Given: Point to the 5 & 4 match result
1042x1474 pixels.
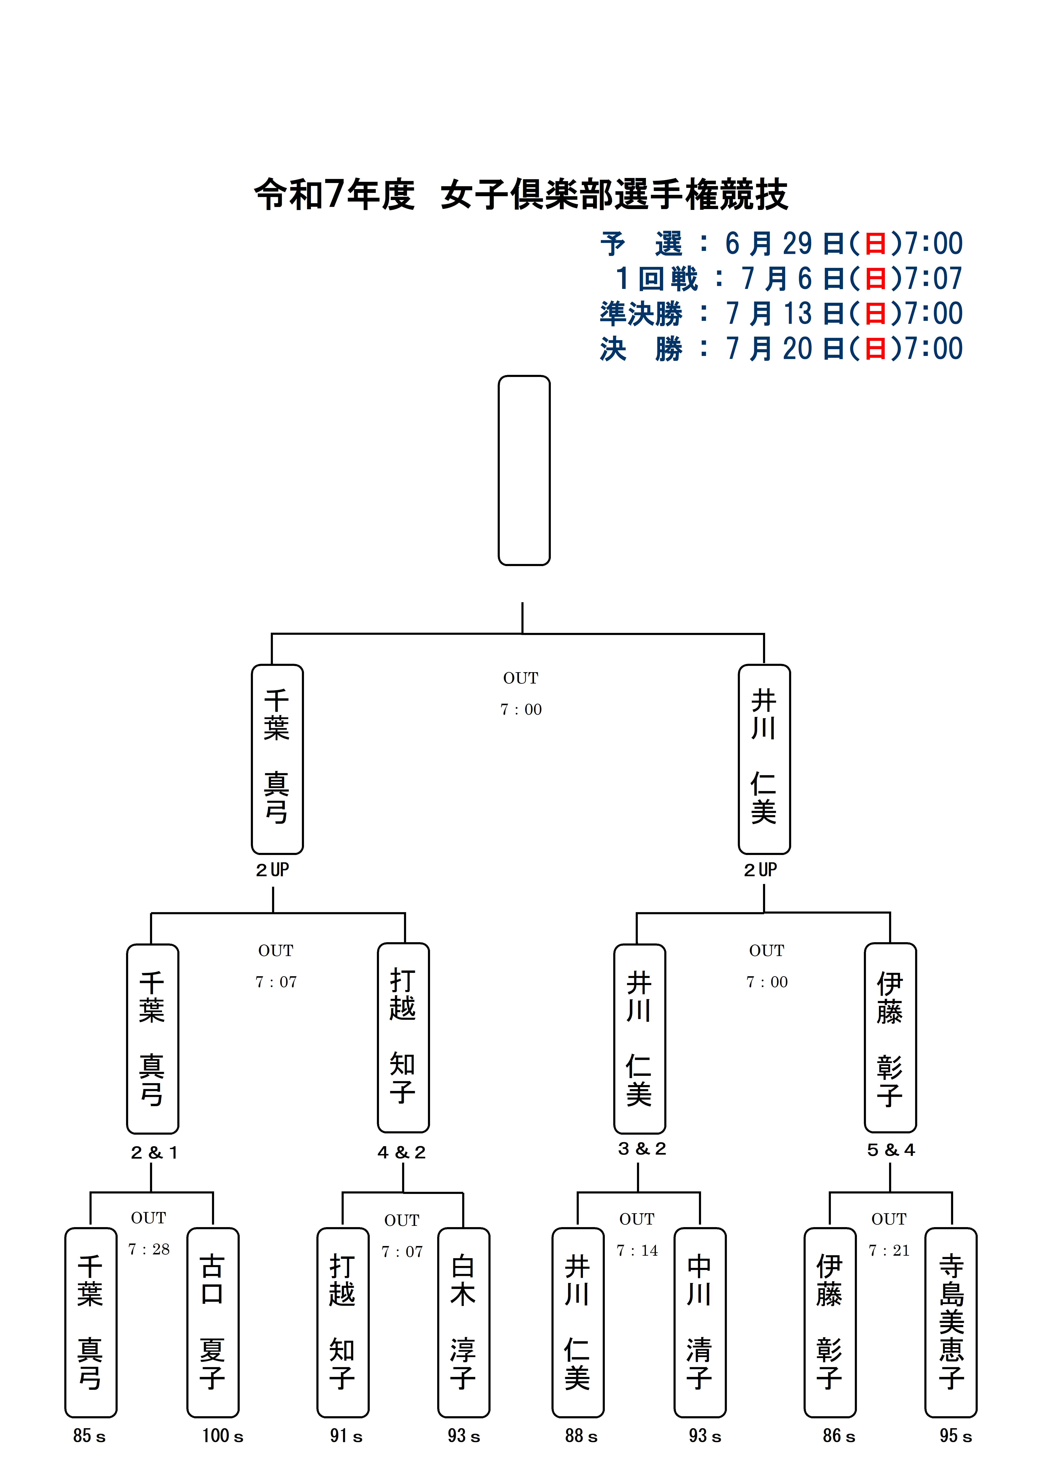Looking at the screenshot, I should point(891,1150).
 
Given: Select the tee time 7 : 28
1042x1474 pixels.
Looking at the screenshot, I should point(149,1249).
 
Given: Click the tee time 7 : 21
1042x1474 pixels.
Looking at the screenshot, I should point(889,1250).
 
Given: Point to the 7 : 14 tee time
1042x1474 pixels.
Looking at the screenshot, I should point(637,1250).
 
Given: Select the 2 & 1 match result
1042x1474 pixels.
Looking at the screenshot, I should point(154,1152).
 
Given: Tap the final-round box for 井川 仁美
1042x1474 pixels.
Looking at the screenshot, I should point(764,759).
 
